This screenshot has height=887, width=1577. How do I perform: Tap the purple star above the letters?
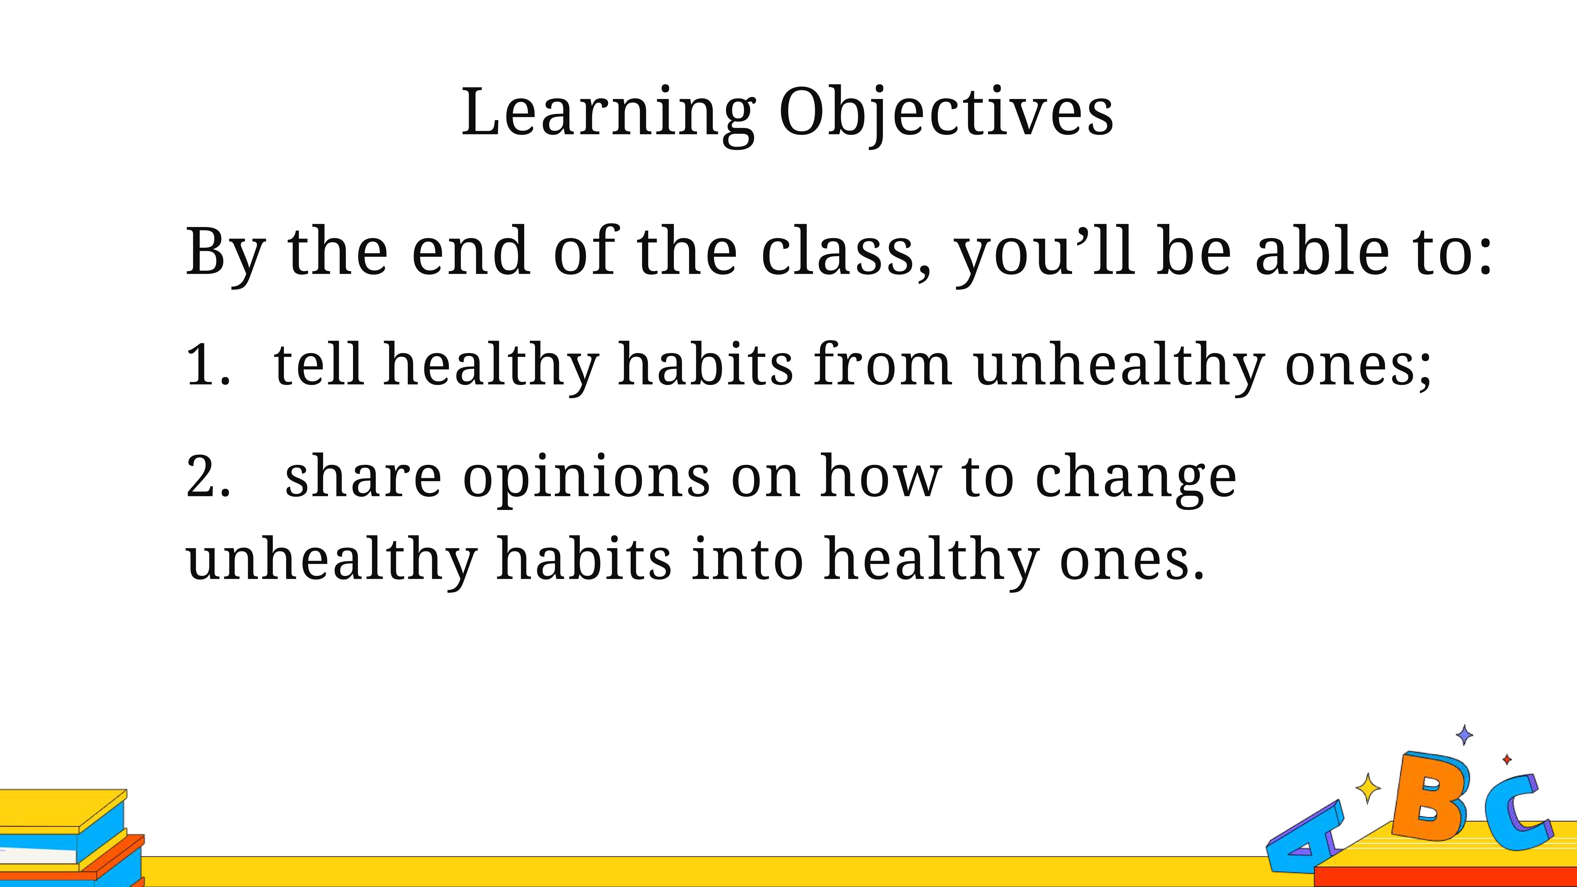pyautogui.click(x=1464, y=735)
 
